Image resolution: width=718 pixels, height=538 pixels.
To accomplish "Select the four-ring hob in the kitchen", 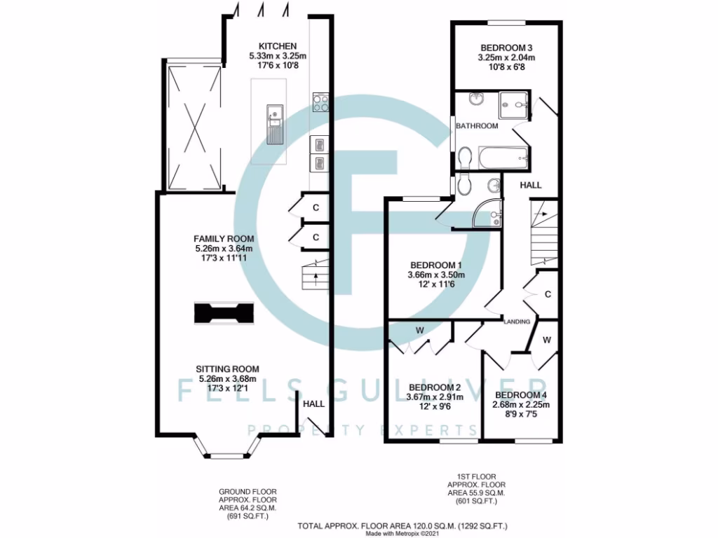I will tap(321, 103).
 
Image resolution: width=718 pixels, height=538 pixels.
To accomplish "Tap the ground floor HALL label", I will tap(313, 404).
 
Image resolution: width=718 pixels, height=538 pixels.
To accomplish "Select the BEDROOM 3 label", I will tap(506, 47).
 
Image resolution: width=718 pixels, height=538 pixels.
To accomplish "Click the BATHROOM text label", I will tap(477, 126).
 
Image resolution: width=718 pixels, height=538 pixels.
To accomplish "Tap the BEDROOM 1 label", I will tap(435, 265).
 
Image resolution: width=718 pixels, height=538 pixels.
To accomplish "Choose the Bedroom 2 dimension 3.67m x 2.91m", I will tap(435, 398).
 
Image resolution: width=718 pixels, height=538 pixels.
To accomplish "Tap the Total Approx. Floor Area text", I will tap(402, 525).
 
